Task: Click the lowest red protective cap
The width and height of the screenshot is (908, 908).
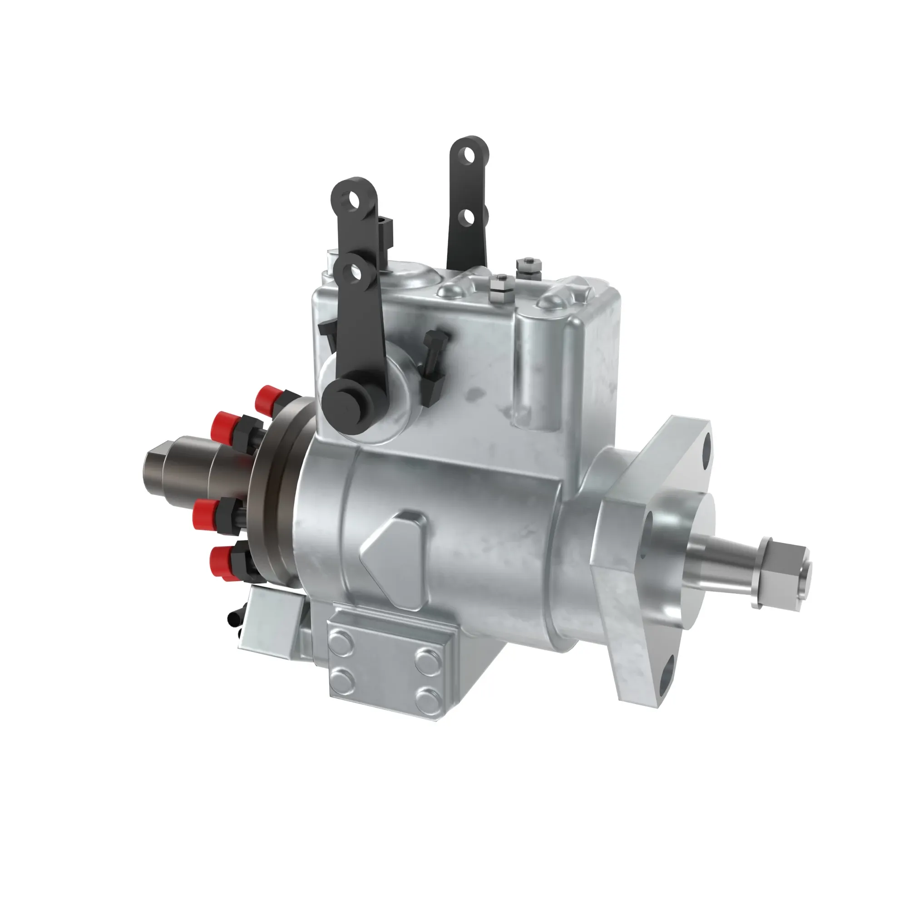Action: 220,559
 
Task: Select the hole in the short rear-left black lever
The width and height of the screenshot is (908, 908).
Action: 352,200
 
